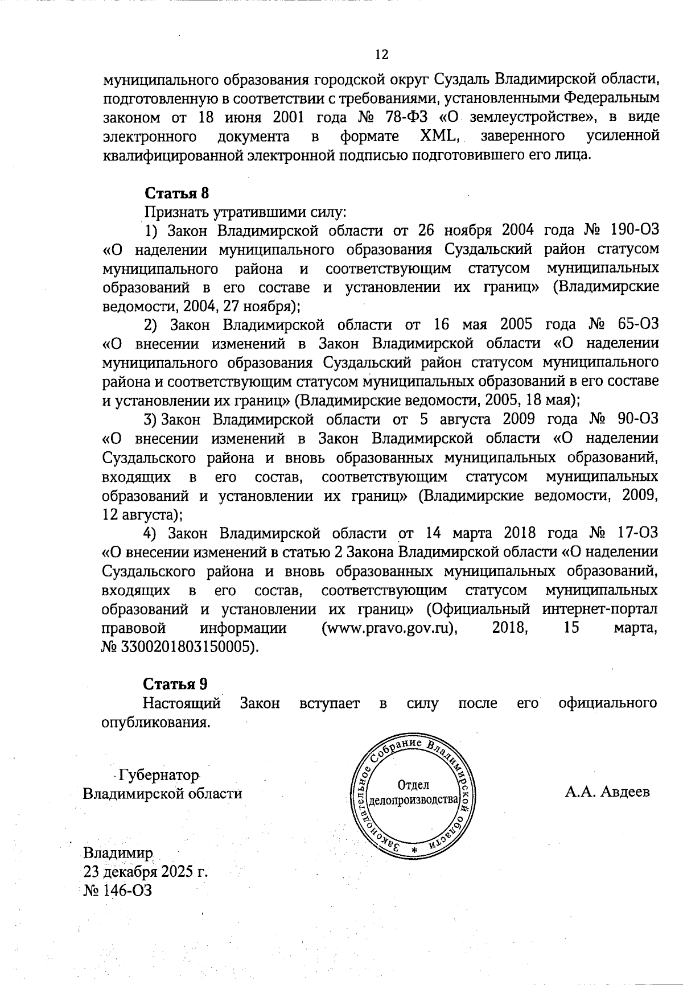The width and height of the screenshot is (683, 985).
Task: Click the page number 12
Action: [381, 55]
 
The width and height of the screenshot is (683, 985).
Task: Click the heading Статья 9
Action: [175, 683]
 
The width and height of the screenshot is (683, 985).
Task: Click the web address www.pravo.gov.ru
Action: [390, 628]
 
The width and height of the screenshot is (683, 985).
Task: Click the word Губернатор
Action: [158, 776]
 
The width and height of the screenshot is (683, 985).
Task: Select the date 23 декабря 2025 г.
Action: [145, 872]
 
